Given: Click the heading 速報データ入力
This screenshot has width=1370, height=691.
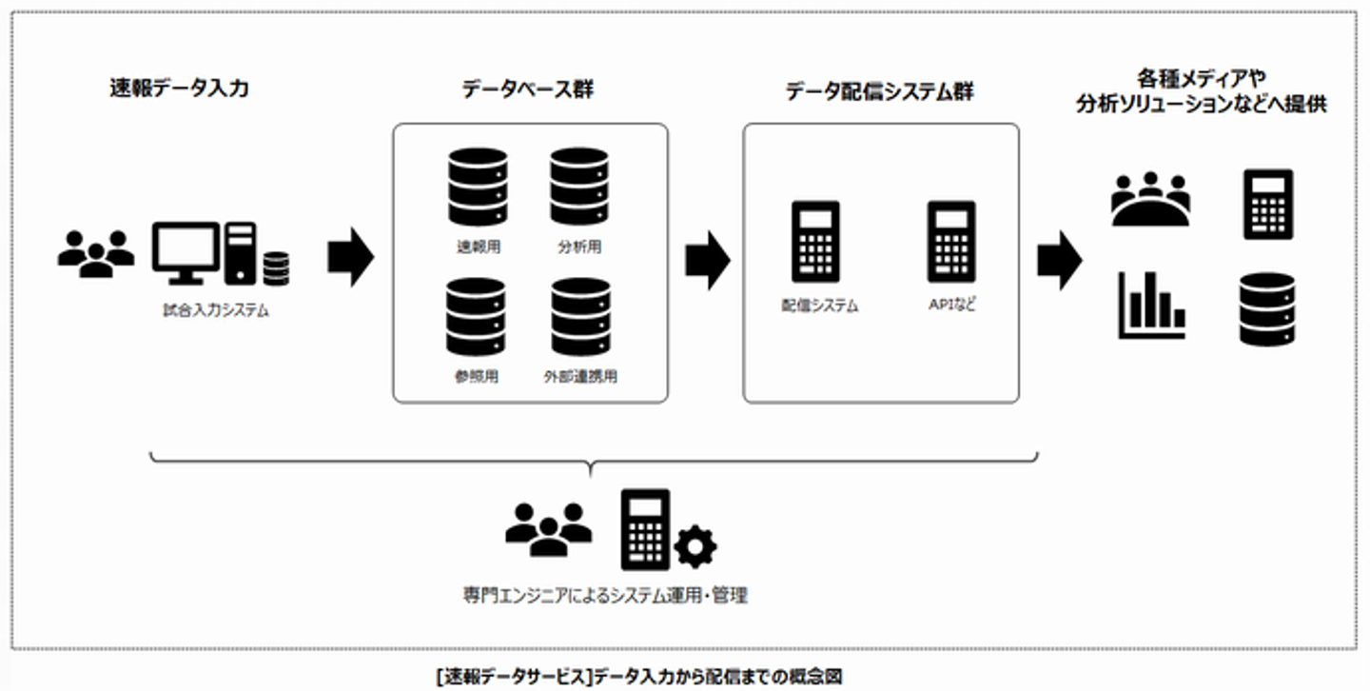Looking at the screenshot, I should pos(179,89).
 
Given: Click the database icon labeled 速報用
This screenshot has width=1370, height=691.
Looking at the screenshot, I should pos(478,188).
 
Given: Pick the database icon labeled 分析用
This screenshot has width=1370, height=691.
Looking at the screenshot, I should pos(578,188).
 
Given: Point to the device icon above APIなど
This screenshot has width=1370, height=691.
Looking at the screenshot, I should pos(951,241).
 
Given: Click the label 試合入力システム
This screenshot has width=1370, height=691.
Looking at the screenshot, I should pos(216,310).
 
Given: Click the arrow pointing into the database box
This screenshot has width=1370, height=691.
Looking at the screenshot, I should pos(351,257).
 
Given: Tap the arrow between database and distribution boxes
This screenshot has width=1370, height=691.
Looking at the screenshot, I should pos(707,257).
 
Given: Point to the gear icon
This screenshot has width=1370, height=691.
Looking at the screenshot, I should pos(695,546).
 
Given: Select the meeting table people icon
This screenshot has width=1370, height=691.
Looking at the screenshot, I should pos(1150,199).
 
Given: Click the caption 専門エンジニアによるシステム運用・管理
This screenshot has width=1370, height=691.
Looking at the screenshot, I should pos(605,597).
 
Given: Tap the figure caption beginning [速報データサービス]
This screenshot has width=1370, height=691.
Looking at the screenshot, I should pos(639,677).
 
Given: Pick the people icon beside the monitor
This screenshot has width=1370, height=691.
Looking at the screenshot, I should pos(96,253).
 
